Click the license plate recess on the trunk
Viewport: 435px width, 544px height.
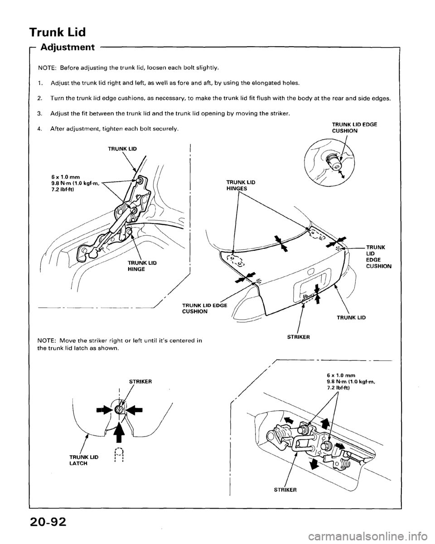pos(314,291)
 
